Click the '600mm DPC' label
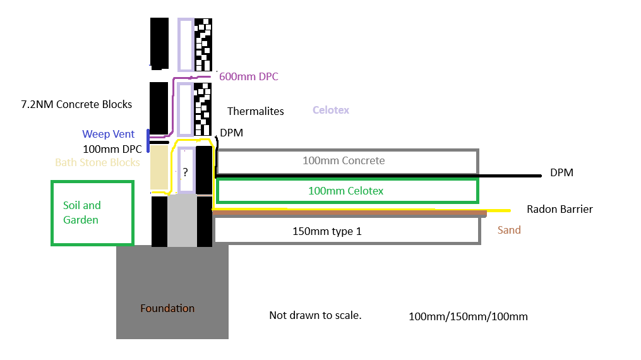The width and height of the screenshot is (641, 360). pyautogui.click(x=248, y=76)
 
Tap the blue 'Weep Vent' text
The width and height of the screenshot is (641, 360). pyautogui.click(x=108, y=134)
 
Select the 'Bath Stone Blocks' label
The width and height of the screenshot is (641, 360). pyautogui.click(x=97, y=162)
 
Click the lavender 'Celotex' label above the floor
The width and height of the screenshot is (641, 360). pyautogui.click(x=330, y=110)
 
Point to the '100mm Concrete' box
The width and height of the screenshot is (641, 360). pyautogui.click(x=347, y=161)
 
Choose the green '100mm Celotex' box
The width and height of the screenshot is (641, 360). pyautogui.click(x=347, y=191)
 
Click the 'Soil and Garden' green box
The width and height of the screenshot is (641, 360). pyautogui.click(x=92, y=213)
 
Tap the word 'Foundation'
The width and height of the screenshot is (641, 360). pyautogui.click(x=167, y=308)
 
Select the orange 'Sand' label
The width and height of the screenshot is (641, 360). pyautogui.click(x=508, y=230)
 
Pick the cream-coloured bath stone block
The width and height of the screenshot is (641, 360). pyautogui.click(x=159, y=167)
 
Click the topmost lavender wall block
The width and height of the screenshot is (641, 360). pyautogui.click(x=186, y=44)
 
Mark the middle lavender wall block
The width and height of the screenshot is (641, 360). pyautogui.click(x=185, y=109)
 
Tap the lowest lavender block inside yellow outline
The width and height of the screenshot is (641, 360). pyautogui.click(x=187, y=169)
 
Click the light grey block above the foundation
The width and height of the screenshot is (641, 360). pyautogui.click(x=182, y=220)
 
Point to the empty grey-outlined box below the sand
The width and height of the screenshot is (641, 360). pyautogui.click(x=347, y=231)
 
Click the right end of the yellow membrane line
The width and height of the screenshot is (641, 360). pyautogui.click(x=508, y=210)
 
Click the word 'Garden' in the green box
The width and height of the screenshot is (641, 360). pyautogui.click(x=81, y=220)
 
